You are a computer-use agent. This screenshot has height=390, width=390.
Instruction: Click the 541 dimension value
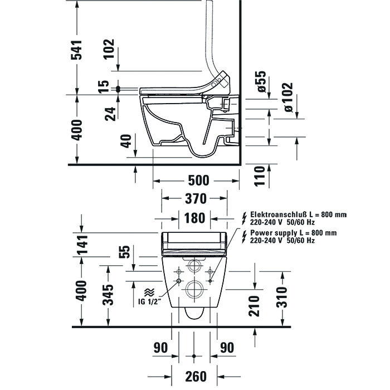[x=80, y=50]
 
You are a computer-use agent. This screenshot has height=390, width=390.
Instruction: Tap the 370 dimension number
[x=195, y=199]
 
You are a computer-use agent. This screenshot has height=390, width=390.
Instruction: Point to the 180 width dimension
[x=194, y=218]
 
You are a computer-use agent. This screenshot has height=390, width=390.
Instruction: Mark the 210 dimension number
[x=254, y=306]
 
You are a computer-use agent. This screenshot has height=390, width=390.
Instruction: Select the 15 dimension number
[x=103, y=87]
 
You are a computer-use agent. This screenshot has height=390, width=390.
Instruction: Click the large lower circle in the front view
[x=194, y=289]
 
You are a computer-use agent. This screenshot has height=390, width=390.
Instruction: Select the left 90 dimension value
[x=161, y=348]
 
